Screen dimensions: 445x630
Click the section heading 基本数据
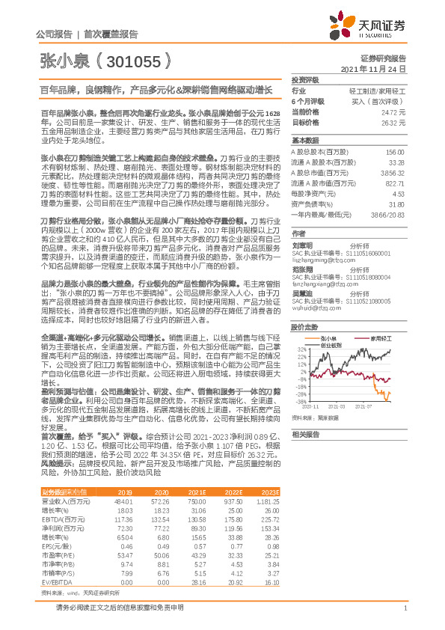[304, 141]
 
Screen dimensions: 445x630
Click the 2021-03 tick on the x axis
[341, 406]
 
